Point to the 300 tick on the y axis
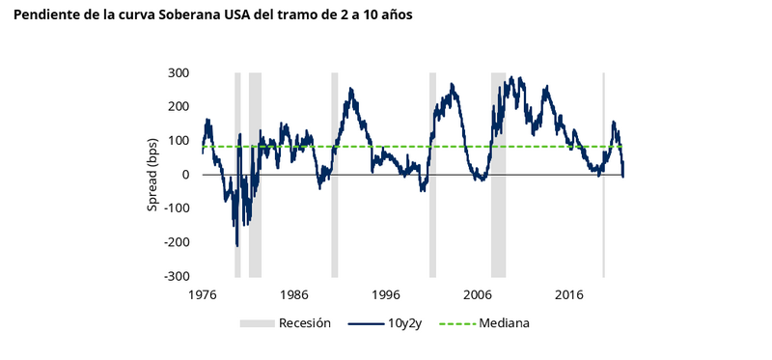click(178, 73)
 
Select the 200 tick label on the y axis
click(178, 107)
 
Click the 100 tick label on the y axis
click(178, 141)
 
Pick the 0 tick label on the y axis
click(185, 175)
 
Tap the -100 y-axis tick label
click(176, 208)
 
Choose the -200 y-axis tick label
click(176, 242)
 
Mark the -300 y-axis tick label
click(176, 276)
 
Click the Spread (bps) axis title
click(154, 175)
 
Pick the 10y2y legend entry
click(406, 323)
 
